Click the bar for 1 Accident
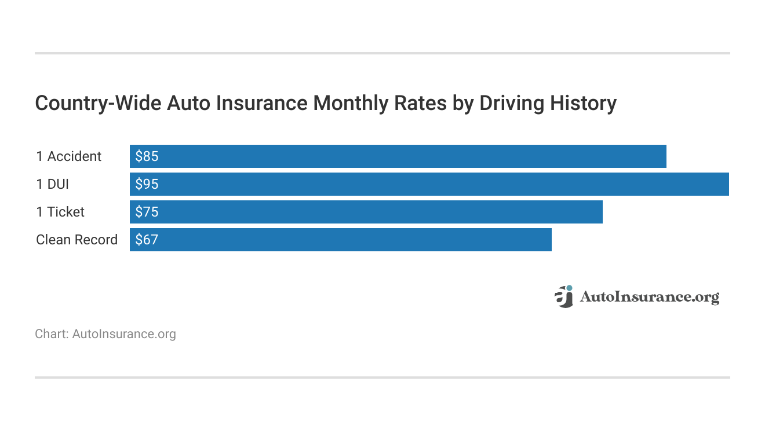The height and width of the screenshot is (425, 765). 398,156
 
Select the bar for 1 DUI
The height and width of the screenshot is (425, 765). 429,184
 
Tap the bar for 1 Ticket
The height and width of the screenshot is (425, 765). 366,212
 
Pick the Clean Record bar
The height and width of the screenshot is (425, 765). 340,240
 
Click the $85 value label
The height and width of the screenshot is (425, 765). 147,156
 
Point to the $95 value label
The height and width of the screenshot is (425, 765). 147,184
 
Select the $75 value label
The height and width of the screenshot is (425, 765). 147,212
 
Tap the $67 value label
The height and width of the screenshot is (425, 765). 147,240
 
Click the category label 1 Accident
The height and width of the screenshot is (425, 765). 68,156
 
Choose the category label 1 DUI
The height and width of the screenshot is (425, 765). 52,184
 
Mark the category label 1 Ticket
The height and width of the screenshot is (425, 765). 60,212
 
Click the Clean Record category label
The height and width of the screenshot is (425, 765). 76,240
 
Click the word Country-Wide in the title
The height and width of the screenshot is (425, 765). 99,103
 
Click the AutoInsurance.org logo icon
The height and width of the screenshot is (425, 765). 563,296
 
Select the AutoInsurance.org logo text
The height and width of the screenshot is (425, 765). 649,298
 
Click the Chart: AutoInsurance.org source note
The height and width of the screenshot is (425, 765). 105,334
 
